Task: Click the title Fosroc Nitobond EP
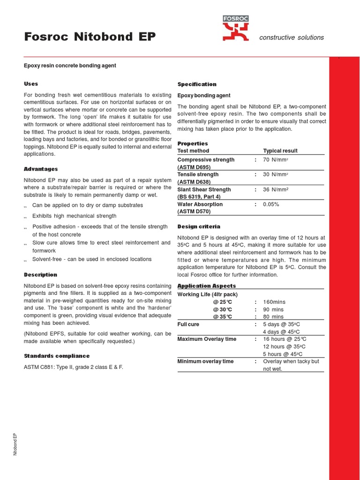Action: tap(90, 37)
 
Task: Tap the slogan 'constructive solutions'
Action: tap(292, 37)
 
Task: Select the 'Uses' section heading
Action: tap(31, 83)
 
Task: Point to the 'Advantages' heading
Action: tap(41, 169)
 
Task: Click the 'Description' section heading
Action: tap(40, 275)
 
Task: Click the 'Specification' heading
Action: tap(197, 84)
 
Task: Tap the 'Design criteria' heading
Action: tap(199, 226)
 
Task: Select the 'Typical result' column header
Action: tap(280, 151)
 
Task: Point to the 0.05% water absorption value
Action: tap(271, 204)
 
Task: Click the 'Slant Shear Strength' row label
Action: tap(204, 189)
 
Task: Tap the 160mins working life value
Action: tap(275, 302)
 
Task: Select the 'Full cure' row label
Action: tap(188, 324)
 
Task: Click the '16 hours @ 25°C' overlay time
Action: tap(285, 339)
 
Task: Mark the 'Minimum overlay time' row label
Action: tap(205, 361)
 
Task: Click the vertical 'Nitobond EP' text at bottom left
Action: tap(15, 444)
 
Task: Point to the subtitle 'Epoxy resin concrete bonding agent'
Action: tap(70, 66)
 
